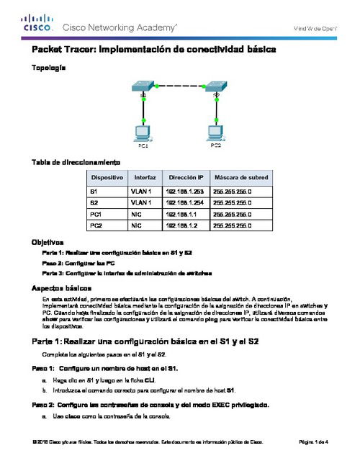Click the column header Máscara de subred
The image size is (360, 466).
[241, 177]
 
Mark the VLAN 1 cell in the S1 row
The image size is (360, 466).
[141, 192]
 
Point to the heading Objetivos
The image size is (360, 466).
[48, 243]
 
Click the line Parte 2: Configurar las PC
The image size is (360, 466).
[76, 264]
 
